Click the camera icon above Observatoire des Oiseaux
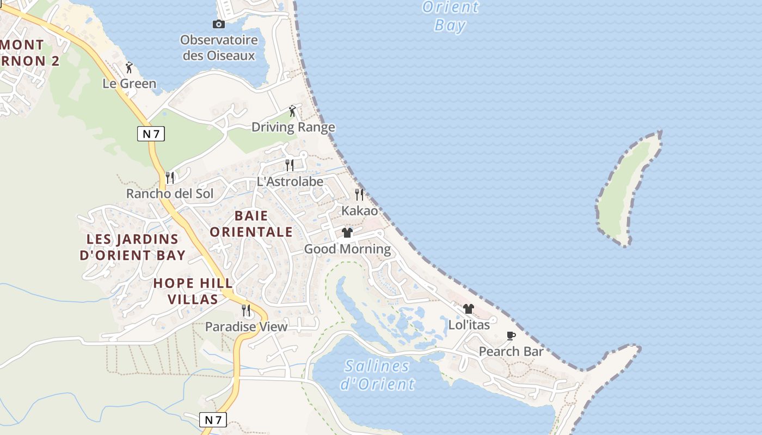click(218, 24)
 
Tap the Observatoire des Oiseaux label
click(219, 48)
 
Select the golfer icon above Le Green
click(129, 67)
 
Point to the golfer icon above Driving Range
click(293, 111)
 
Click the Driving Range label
click(293, 127)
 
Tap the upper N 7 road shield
click(151, 133)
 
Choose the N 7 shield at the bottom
click(213, 420)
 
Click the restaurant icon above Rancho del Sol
click(170, 178)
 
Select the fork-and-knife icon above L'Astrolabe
click(290, 165)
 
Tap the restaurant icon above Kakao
click(359, 194)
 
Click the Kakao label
click(359, 210)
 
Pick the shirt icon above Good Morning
click(347, 233)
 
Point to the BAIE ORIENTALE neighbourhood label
click(251, 223)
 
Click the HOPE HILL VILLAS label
click(193, 291)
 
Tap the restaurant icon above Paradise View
click(246, 310)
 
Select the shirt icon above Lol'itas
click(469, 309)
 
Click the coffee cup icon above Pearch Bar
click(511, 335)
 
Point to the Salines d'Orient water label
click(377, 375)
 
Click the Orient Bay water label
click(451, 16)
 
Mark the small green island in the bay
click(626, 188)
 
